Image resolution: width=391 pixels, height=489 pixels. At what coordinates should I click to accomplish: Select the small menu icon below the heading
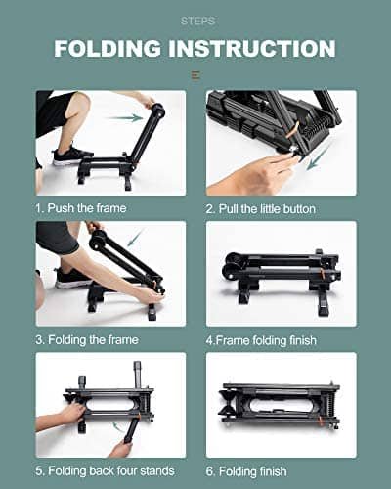[x=195, y=75]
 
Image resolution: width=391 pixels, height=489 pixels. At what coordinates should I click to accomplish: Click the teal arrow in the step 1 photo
[x=121, y=118]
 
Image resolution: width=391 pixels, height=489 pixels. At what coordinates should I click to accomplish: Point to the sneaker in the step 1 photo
[x=71, y=156]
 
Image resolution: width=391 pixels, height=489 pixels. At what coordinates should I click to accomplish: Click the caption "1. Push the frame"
[x=81, y=208]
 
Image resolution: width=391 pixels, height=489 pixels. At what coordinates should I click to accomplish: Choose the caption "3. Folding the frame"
[x=87, y=339]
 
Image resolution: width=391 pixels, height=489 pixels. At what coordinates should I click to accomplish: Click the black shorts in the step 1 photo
[x=54, y=112]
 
